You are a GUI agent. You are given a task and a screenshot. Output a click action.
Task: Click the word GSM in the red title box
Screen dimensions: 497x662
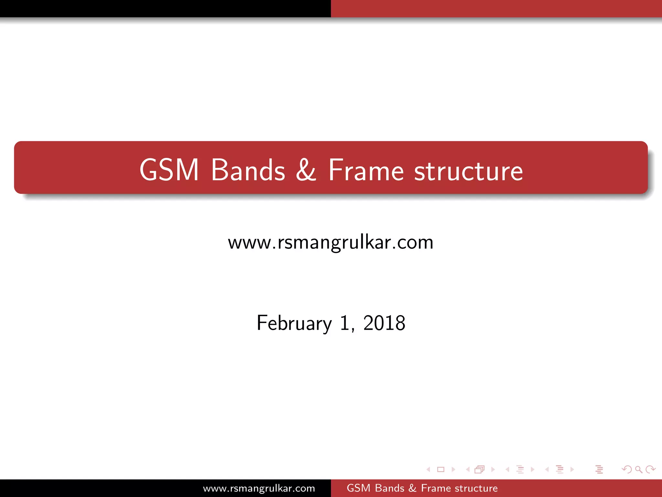tap(169, 170)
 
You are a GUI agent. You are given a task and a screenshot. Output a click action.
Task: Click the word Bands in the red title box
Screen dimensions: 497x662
tap(248, 170)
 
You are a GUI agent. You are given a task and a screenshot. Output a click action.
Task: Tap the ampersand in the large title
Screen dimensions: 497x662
tap(306, 170)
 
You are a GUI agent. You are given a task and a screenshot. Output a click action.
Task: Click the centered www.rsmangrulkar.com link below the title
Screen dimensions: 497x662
tap(331, 242)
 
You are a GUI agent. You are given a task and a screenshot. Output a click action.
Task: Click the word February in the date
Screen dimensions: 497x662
tap(294, 323)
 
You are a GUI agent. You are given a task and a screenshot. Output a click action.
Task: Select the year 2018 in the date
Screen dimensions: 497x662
tap(384, 323)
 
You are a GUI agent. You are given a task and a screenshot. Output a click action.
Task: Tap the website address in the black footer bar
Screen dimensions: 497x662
tap(259, 488)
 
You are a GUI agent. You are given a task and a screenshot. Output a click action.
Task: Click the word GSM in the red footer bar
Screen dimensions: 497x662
tap(358, 488)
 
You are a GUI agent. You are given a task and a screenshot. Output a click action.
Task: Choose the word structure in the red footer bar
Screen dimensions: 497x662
tap(476, 488)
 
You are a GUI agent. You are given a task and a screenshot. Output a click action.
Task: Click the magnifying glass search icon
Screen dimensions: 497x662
tap(638, 469)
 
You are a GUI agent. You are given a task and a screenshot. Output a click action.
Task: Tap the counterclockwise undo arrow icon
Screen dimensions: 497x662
tap(627, 469)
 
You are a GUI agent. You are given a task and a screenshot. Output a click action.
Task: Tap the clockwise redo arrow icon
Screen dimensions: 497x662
tap(650, 469)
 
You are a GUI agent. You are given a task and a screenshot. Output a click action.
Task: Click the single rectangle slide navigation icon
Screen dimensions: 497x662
tap(441, 469)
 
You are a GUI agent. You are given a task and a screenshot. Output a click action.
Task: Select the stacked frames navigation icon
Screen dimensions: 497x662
tap(480, 469)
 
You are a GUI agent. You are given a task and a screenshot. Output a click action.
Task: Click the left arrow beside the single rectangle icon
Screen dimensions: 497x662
tap(428, 469)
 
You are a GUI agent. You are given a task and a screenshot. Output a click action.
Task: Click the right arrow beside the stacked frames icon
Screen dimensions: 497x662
tap(493, 469)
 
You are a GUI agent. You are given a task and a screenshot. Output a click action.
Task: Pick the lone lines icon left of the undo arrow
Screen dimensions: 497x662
tap(599, 469)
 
